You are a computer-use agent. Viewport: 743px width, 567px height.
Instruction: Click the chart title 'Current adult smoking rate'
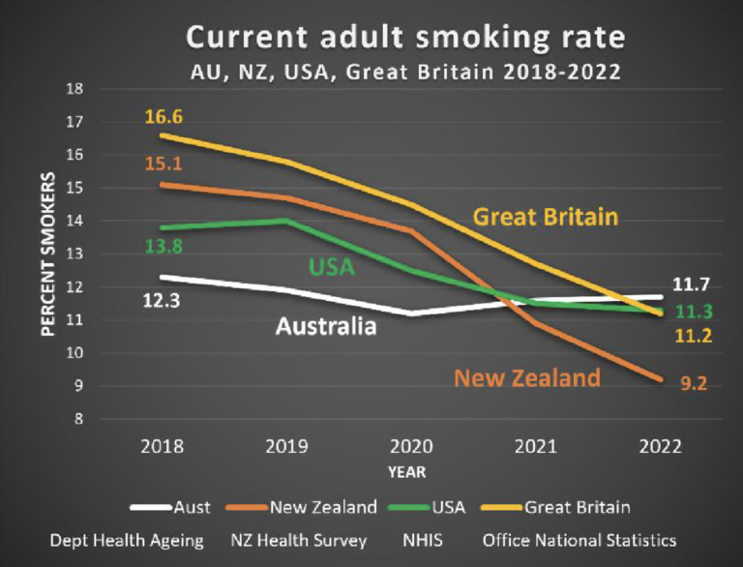click(x=405, y=37)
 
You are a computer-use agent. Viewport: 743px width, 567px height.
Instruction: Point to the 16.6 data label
click(x=164, y=117)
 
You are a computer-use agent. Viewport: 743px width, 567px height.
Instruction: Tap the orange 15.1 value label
click(x=164, y=163)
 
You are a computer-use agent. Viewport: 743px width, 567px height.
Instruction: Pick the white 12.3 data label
click(x=164, y=301)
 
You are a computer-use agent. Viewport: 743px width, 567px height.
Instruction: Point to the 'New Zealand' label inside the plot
click(x=527, y=377)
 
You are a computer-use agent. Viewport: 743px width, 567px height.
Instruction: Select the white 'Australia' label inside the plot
click(x=326, y=326)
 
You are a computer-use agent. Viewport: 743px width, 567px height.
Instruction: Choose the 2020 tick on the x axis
click(x=405, y=447)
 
